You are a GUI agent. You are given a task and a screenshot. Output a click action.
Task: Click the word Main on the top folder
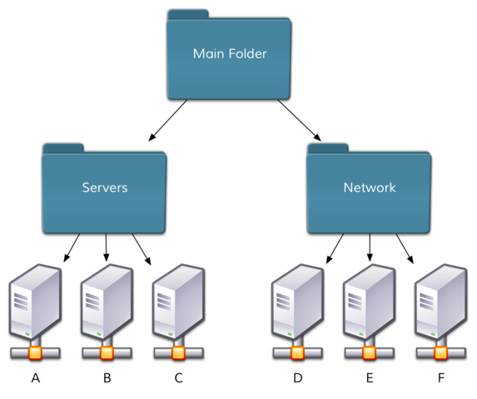[x=208, y=54]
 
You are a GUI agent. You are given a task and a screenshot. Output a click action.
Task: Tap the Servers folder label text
[x=105, y=188]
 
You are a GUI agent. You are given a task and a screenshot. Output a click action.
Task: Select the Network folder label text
[x=370, y=188]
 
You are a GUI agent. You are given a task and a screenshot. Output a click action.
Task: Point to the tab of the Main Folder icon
[x=187, y=14]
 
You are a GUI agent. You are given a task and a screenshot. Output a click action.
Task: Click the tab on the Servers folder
[x=62, y=148]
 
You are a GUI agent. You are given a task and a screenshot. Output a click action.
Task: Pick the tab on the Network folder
[x=327, y=148]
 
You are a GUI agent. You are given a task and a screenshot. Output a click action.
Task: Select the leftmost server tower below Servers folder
[x=35, y=301]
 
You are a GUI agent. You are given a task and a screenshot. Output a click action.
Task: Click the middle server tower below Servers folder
[x=107, y=301]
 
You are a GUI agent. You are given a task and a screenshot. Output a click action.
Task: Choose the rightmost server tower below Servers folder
[x=178, y=301]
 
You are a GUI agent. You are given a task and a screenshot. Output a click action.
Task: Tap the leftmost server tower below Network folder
[x=297, y=301]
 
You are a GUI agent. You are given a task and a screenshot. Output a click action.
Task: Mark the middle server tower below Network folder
[x=369, y=301]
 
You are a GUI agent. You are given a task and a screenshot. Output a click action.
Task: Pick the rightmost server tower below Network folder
[x=440, y=301]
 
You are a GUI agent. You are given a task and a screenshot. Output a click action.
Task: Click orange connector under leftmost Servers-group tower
[x=35, y=353]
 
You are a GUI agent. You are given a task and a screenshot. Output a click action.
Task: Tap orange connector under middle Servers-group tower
[x=107, y=353]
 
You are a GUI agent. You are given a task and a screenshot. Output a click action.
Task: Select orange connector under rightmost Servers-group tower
[x=178, y=353]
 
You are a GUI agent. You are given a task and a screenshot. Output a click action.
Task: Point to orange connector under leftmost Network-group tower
[x=297, y=353]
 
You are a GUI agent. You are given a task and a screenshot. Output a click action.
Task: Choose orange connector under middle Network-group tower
[x=369, y=353]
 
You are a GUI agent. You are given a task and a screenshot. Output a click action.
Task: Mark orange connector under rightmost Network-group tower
[x=440, y=353]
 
